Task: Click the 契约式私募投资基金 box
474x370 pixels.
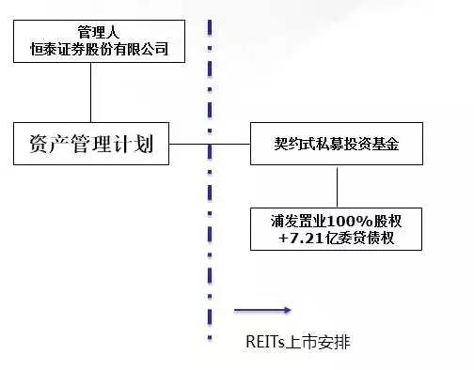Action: (x=337, y=145)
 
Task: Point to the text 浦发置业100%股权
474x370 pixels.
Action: (x=337, y=222)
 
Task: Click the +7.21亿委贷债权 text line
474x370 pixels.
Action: (x=337, y=239)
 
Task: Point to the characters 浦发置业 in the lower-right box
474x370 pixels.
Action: (x=298, y=222)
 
